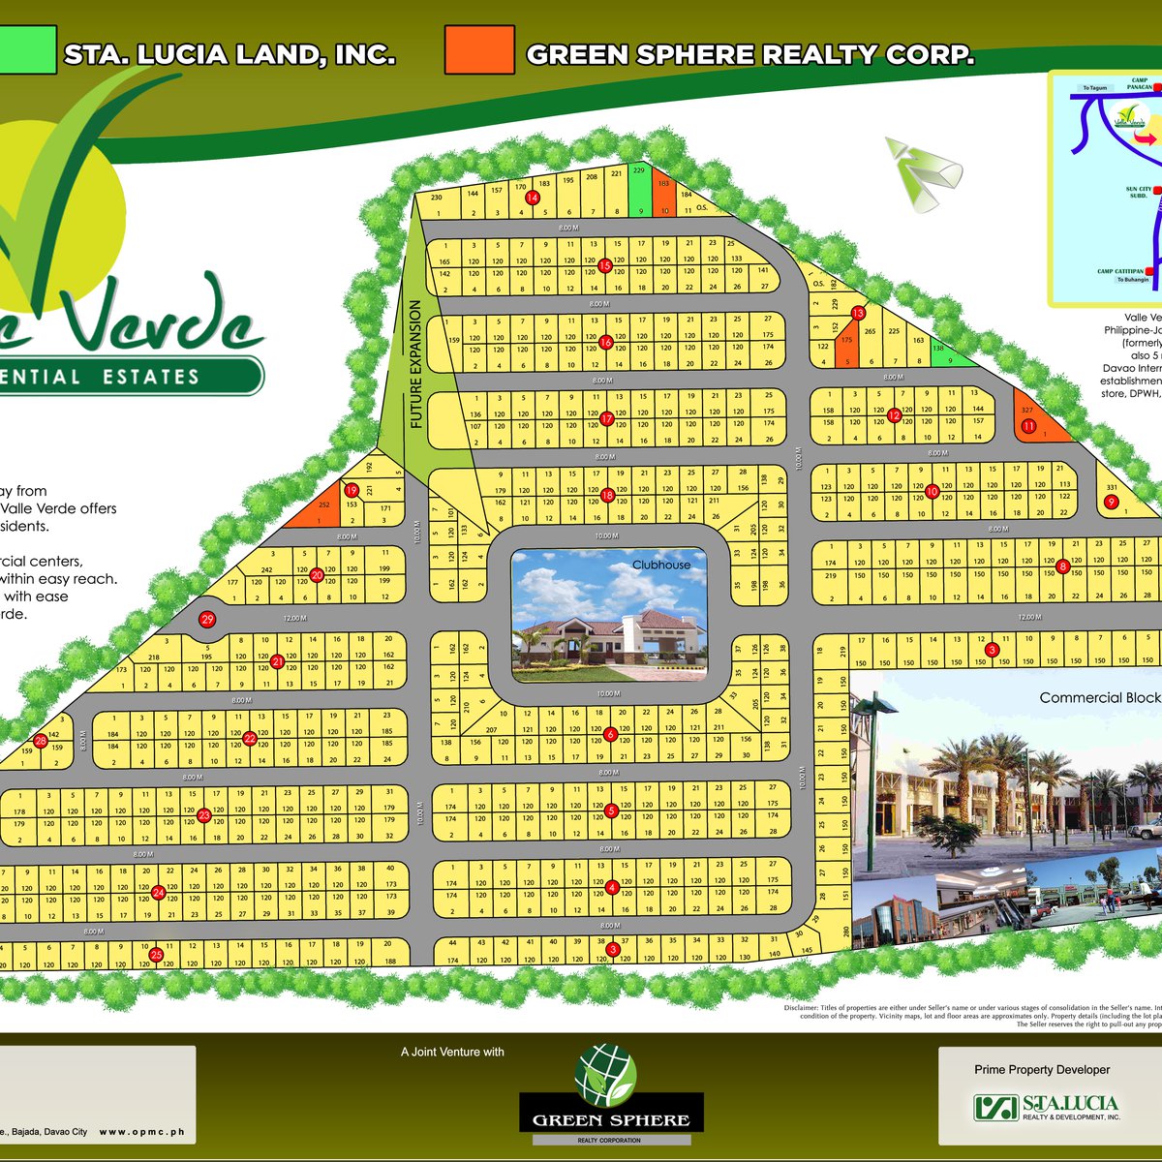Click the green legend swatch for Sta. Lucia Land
coord(27,49)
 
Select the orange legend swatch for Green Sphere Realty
coord(479,49)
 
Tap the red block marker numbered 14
coord(532,199)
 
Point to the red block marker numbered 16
coord(605,342)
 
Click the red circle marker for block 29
coord(205,619)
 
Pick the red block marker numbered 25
coord(157,955)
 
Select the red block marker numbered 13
coord(857,313)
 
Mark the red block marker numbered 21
coord(277,662)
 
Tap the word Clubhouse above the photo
coord(661,565)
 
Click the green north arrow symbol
coord(921,172)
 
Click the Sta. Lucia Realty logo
coord(1046,1107)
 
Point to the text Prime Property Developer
coord(1042,1070)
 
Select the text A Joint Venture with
coord(452,1052)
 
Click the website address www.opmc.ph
coord(141,1131)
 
